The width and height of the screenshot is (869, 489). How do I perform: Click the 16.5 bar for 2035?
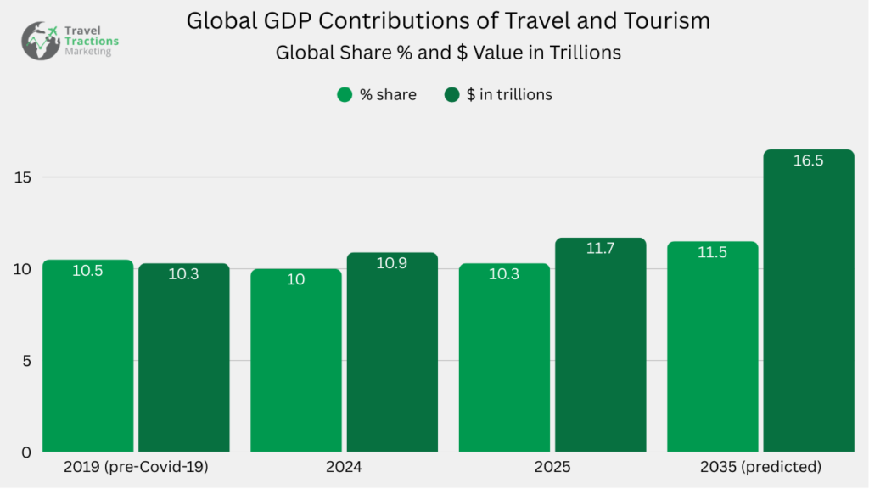[808, 306]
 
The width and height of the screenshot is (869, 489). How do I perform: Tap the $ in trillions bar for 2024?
[392, 357]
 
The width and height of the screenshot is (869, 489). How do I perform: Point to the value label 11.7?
[600, 249]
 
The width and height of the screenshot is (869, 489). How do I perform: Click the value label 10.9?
[392, 263]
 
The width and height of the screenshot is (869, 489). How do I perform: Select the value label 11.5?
[712, 252]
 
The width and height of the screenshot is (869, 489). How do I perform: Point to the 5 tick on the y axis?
[26, 360]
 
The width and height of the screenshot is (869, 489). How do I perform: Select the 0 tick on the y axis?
[26, 452]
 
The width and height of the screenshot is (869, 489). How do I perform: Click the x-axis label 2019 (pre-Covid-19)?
[136, 467]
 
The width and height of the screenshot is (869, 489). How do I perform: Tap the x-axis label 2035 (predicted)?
[761, 467]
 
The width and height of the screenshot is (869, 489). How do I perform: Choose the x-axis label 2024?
[345, 467]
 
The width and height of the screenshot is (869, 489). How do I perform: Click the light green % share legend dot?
[345, 95]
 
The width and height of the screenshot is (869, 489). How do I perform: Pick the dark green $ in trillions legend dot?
[451, 95]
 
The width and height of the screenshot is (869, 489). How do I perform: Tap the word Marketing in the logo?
[87, 52]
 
